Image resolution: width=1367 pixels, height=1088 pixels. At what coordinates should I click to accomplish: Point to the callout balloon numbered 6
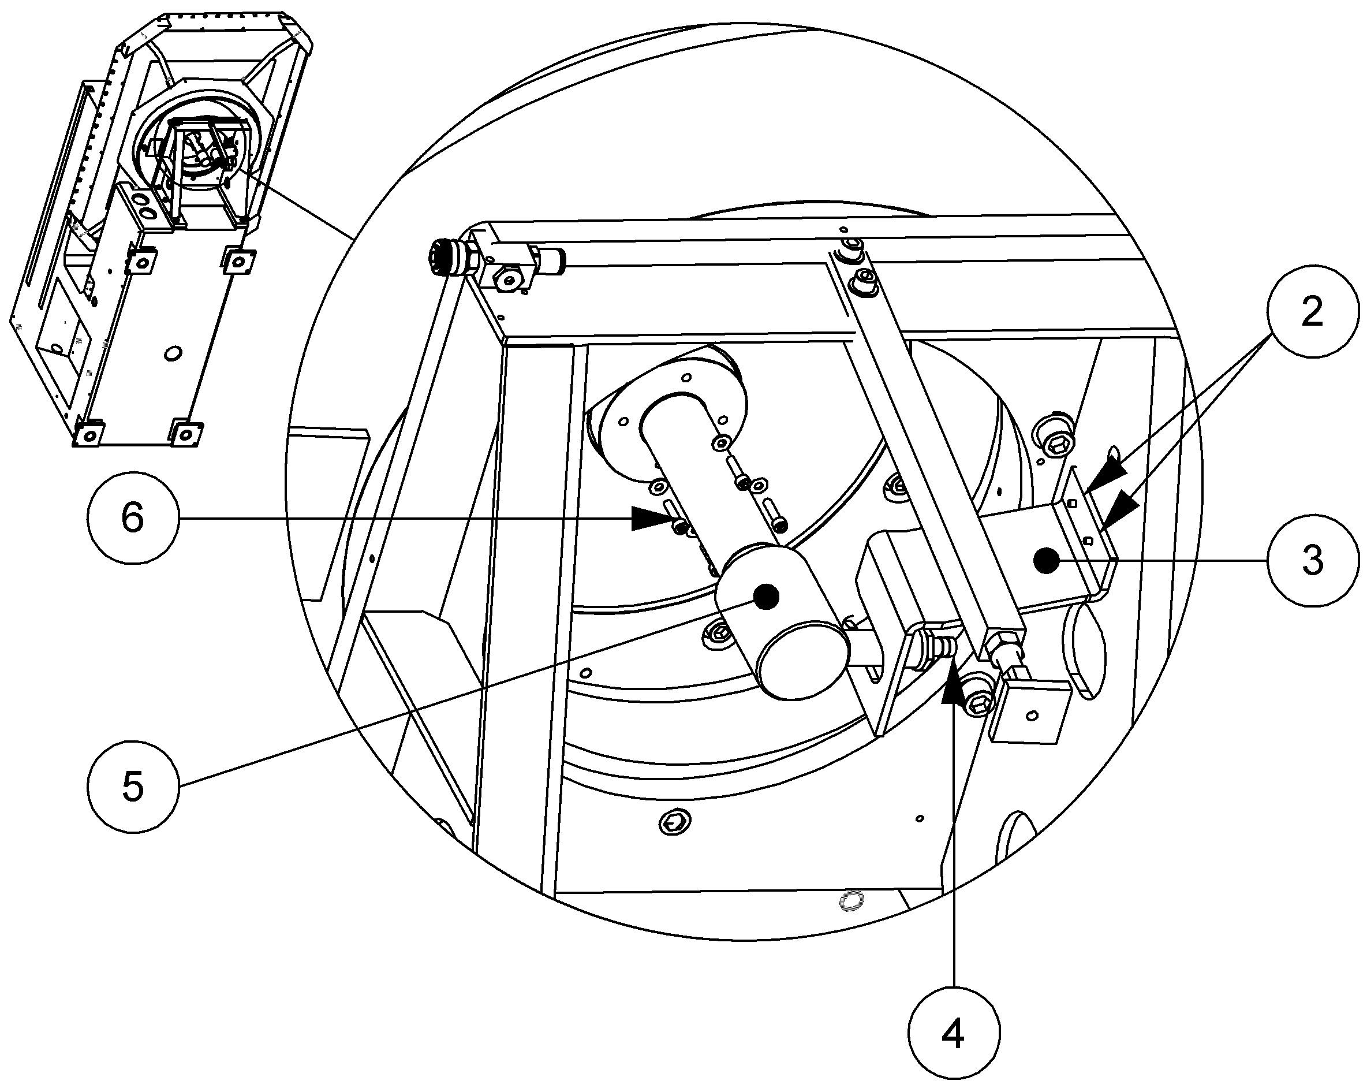(x=133, y=519)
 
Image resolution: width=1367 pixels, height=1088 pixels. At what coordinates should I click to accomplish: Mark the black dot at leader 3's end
(x=1046, y=561)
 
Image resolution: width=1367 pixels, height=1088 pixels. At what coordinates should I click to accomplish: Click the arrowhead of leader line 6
(x=651, y=519)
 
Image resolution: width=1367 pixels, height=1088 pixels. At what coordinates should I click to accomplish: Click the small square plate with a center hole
(x=1030, y=712)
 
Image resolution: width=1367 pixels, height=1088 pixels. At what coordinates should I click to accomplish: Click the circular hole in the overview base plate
(x=173, y=353)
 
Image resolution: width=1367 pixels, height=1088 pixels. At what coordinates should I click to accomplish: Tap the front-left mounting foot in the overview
(x=89, y=434)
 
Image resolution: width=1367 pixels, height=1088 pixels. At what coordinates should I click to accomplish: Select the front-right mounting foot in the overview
(x=185, y=433)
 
